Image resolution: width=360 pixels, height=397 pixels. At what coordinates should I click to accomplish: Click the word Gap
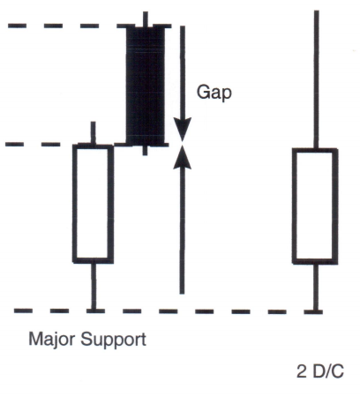(214, 93)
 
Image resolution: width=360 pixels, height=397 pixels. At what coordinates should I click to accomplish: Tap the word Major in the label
(51, 340)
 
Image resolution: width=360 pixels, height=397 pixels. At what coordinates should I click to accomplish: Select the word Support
(113, 341)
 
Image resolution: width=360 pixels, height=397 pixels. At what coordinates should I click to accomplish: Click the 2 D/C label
(320, 371)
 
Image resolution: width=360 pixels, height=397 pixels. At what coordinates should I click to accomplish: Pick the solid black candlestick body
(146, 86)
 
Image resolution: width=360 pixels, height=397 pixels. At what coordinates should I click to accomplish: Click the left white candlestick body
(93, 203)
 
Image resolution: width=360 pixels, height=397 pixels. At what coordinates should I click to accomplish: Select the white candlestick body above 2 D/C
(315, 206)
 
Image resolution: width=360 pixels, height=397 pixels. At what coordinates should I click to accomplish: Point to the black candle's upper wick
(146, 19)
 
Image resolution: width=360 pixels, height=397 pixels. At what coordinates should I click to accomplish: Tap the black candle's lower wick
(145, 150)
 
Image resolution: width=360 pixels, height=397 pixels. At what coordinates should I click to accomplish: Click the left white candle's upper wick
(93, 133)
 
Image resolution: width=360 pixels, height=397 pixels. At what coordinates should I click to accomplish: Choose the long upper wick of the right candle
(317, 79)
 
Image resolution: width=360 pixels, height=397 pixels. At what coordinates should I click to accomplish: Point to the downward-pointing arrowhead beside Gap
(183, 130)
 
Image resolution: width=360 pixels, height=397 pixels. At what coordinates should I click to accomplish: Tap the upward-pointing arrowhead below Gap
(183, 157)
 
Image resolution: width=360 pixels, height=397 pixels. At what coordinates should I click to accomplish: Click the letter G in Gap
(203, 92)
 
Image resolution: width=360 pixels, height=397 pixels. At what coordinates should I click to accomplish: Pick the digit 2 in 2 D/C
(302, 371)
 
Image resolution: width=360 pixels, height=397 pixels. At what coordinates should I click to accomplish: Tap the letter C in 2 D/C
(338, 371)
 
